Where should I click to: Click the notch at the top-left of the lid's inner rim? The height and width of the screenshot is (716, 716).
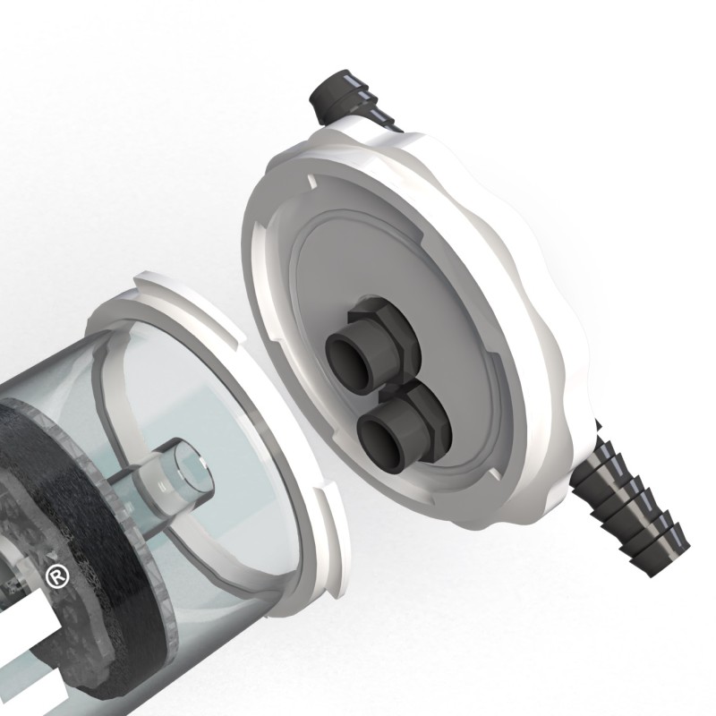(309, 182)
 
